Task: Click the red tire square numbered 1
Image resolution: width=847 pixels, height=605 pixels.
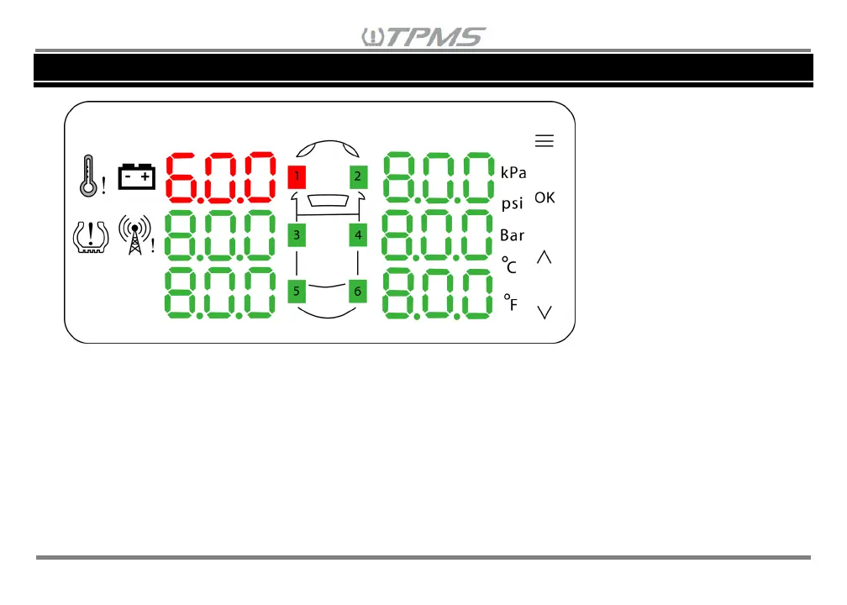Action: coord(297,176)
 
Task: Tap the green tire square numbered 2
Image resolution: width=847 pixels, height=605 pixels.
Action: coord(358,176)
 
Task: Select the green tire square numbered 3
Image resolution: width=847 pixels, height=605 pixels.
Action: coord(297,235)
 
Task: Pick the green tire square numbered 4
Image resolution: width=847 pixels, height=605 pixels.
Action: coord(358,235)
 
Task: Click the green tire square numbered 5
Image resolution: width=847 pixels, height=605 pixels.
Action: coord(297,291)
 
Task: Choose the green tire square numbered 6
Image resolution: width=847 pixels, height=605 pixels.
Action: coord(358,291)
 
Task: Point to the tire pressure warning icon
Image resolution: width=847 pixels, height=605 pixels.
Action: coord(88,236)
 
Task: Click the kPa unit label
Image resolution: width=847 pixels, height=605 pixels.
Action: coord(513,172)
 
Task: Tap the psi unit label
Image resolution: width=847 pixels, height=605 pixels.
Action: coord(512,204)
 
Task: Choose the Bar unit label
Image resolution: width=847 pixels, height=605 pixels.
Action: coord(512,235)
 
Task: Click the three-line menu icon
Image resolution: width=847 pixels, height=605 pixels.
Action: coord(544,141)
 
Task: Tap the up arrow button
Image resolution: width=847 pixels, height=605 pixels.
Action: coord(544,258)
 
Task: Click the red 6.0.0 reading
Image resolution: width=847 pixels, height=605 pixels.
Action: coord(221,178)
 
